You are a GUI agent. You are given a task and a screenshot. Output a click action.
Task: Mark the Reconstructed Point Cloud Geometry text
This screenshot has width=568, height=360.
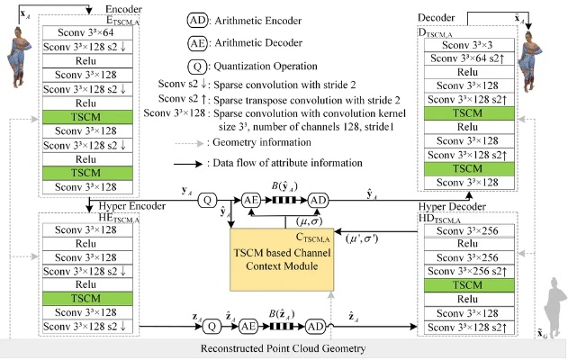(284, 348)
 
